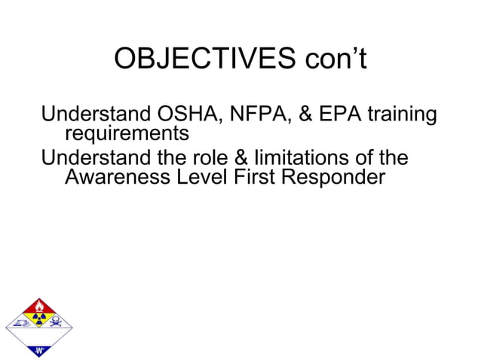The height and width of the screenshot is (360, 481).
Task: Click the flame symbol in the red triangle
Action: point(38,307)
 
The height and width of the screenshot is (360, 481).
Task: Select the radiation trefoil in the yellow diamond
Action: point(38,322)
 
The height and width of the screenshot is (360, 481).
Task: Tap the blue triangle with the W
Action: point(38,347)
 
